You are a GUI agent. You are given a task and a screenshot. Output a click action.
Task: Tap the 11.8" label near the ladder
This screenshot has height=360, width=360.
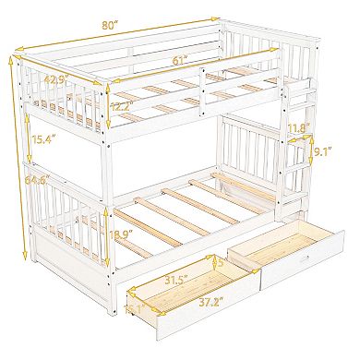[298, 128]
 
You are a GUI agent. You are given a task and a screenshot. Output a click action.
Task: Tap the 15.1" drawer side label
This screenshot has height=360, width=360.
[137, 309]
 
